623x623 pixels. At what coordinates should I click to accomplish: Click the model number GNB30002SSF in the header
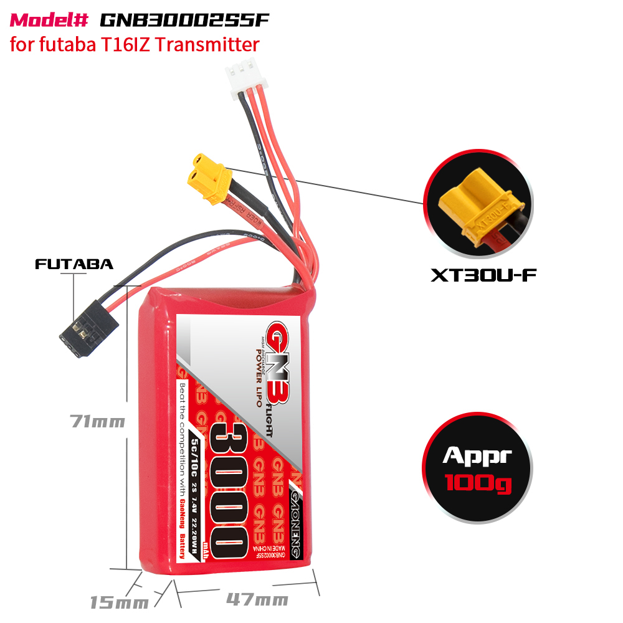point(185,20)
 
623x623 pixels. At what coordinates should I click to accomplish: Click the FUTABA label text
point(74,264)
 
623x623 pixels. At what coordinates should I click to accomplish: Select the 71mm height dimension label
point(97,422)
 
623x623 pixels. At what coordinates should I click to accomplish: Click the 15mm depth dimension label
point(120,602)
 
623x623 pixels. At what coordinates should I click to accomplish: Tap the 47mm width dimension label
point(257,600)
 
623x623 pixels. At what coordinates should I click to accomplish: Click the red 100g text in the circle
point(477,482)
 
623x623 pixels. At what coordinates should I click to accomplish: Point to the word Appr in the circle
point(477,455)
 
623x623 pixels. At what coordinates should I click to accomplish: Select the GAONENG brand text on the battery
point(297,520)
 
